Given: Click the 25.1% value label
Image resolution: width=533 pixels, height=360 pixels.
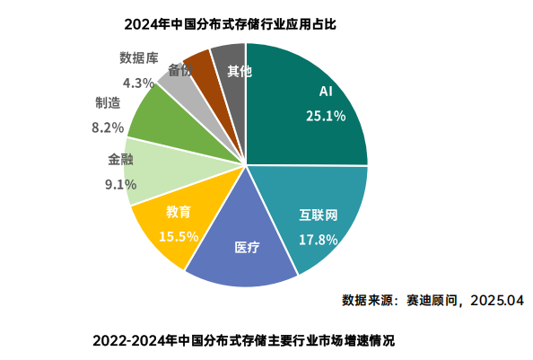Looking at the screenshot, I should pos(326,115).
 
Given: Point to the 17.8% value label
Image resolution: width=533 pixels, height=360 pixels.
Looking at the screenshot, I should pos(318,240).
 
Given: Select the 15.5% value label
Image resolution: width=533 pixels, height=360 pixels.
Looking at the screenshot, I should pos(178,236).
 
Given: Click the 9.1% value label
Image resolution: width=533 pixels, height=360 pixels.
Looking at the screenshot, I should pos(120,184).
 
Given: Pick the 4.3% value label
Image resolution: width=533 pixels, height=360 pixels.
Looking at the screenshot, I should pos(139,83).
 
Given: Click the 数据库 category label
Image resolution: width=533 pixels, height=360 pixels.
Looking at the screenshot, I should pos(139,58).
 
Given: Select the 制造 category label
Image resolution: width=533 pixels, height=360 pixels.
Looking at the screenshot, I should pos(109,102).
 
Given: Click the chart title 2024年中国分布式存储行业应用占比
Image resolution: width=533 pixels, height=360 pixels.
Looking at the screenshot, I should pos(229,22).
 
